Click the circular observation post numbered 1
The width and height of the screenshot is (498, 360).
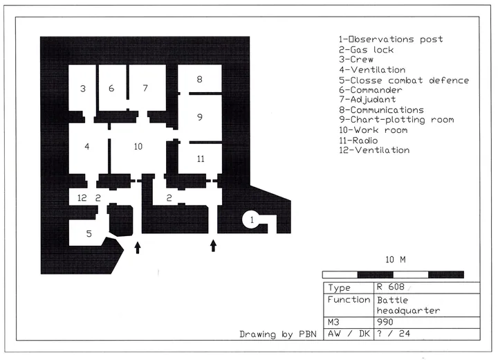(x=252, y=219)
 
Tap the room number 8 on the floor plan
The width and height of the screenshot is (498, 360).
(x=199, y=79)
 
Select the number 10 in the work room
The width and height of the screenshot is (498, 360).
(x=138, y=146)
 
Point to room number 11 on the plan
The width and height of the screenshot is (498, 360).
(x=201, y=159)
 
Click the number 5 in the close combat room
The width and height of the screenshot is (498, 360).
(x=89, y=234)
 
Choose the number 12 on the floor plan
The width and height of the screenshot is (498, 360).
(x=82, y=198)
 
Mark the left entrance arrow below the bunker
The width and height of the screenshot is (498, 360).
(x=138, y=248)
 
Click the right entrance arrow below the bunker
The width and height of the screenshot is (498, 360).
(x=214, y=246)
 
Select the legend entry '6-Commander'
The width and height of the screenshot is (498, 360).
(x=370, y=90)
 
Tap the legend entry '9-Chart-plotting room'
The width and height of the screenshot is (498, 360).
(x=396, y=120)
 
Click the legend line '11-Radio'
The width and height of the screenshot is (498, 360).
(x=358, y=141)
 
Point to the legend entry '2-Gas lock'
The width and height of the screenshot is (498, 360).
(x=366, y=50)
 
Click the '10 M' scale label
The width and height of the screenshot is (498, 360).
(x=396, y=260)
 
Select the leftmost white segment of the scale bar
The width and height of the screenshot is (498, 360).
(x=340, y=274)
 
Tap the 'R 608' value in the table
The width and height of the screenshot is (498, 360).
(x=391, y=287)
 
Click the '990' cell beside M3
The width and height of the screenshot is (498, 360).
(x=385, y=322)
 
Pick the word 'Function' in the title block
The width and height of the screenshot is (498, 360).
(x=349, y=300)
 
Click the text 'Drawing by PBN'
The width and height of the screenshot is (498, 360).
(x=278, y=334)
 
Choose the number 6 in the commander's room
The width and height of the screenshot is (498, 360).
(x=111, y=88)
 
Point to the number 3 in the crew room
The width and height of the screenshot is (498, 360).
(x=83, y=89)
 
